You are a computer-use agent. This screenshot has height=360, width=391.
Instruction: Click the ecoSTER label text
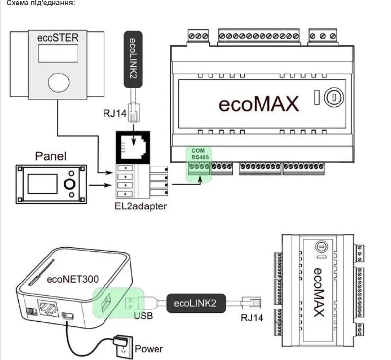click(x=58, y=38)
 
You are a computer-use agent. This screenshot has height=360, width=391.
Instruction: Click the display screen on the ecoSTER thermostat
click(x=58, y=53)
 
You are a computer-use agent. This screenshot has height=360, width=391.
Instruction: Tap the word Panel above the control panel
click(x=51, y=156)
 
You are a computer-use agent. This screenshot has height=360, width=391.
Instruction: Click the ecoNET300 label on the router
click(x=73, y=279)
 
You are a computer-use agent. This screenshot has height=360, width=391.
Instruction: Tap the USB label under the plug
click(x=143, y=316)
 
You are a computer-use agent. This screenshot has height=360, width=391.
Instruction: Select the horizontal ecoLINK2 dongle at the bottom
click(x=194, y=303)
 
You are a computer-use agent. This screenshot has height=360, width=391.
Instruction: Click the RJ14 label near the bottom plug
click(x=252, y=318)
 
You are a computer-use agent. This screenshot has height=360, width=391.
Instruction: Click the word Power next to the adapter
click(x=149, y=349)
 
